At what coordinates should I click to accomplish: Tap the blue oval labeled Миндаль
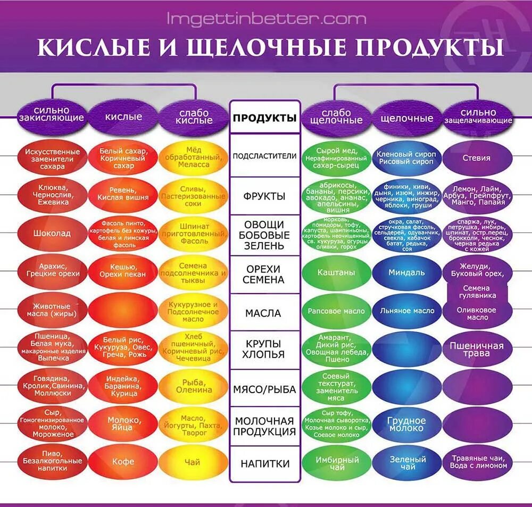point(406,272)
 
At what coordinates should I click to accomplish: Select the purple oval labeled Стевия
point(476,158)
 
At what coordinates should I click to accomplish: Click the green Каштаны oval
point(336,272)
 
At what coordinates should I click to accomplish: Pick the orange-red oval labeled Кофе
point(123,462)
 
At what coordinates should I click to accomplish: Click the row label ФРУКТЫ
point(265,196)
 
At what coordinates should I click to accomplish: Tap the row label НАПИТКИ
point(265,463)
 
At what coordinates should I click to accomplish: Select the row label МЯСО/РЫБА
point(265,389)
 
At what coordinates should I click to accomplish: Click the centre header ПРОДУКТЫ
point(265,118)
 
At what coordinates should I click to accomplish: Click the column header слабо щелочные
point(336,117)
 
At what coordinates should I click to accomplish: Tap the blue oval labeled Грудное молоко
point(406,424)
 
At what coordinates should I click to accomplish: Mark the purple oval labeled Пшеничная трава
point(476,350)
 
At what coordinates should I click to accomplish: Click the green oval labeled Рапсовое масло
point(336,311)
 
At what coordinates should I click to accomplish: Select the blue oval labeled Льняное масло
point(406,311)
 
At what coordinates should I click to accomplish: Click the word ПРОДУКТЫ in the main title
point(429,47)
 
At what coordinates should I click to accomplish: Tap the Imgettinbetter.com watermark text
point(267,19)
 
